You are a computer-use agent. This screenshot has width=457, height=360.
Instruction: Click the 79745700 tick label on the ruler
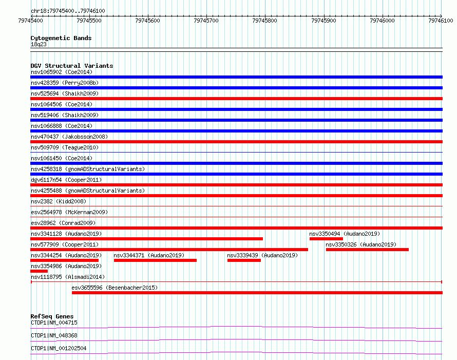pos(206,21)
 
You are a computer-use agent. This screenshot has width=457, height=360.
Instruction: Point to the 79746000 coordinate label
pos(382,21)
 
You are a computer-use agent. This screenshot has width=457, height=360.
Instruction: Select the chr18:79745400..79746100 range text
pos(68,11)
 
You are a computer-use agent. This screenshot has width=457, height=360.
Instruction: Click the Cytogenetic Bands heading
pos(61,38)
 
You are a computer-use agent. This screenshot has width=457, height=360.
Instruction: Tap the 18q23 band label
pos(39,44)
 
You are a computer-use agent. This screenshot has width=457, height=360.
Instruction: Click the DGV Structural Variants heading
pos(72,66)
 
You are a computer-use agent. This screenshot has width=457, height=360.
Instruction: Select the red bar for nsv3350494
pos(326,239)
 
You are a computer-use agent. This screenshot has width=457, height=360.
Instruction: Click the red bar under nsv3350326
pos(367,250)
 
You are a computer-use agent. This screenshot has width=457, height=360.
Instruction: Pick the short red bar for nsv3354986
pos(39,271)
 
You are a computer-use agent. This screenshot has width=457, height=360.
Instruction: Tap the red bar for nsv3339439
pos(244,260)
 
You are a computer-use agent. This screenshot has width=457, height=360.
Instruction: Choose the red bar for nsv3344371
pos(155,260)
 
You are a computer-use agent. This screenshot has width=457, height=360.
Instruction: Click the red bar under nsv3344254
pos(64,260)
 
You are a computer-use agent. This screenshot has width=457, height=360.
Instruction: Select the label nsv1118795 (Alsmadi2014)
pos(68,277)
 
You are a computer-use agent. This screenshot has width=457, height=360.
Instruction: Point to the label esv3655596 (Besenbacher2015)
pos(115,288)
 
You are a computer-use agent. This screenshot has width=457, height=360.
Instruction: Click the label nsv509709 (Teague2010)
pos(65,147)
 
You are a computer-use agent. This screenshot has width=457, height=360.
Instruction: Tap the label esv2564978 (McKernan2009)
pos(69,212)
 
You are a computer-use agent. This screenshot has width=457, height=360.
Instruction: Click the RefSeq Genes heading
pos(52,316)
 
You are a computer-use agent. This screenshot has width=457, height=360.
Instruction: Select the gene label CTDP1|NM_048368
pos(54,335)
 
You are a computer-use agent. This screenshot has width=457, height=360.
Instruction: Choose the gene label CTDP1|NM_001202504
pos(59,348)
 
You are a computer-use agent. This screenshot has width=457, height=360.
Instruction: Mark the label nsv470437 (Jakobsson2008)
pos(69,137)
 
